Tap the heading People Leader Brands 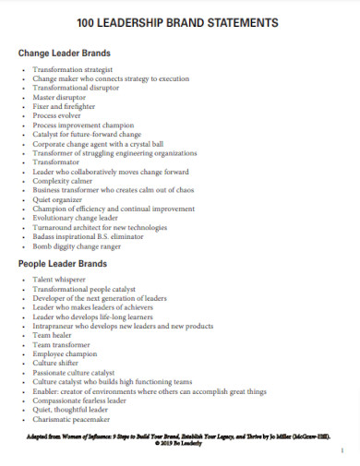point(64,264)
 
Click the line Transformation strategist point(73,69)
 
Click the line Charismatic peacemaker point(73,421)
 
